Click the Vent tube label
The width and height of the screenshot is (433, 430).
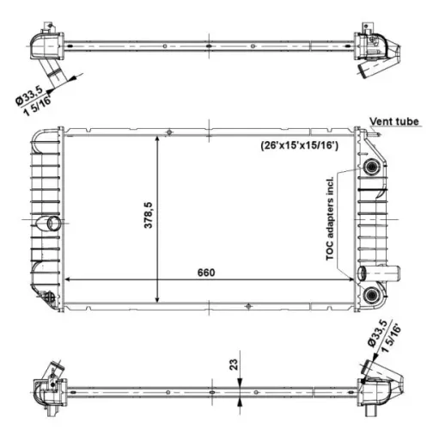coord(394,122)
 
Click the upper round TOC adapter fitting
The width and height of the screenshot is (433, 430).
coord(372,166)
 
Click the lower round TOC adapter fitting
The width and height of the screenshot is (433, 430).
coord(372,295)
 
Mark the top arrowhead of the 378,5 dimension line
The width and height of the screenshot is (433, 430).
coord(156,138)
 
